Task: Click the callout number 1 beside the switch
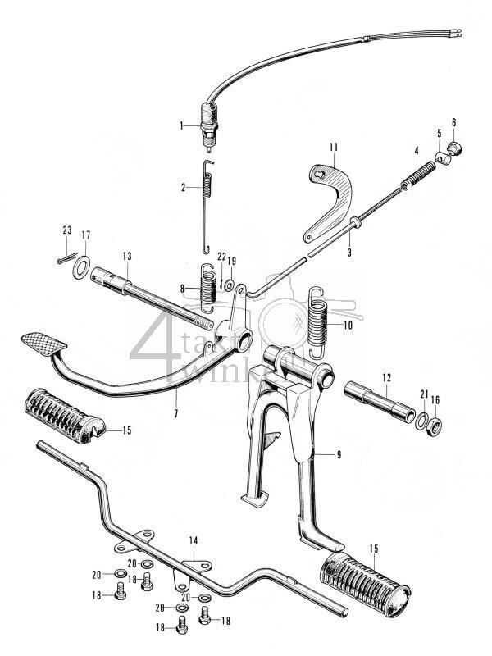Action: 183,125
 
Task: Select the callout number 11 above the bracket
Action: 333,147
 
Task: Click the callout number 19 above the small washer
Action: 231,262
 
